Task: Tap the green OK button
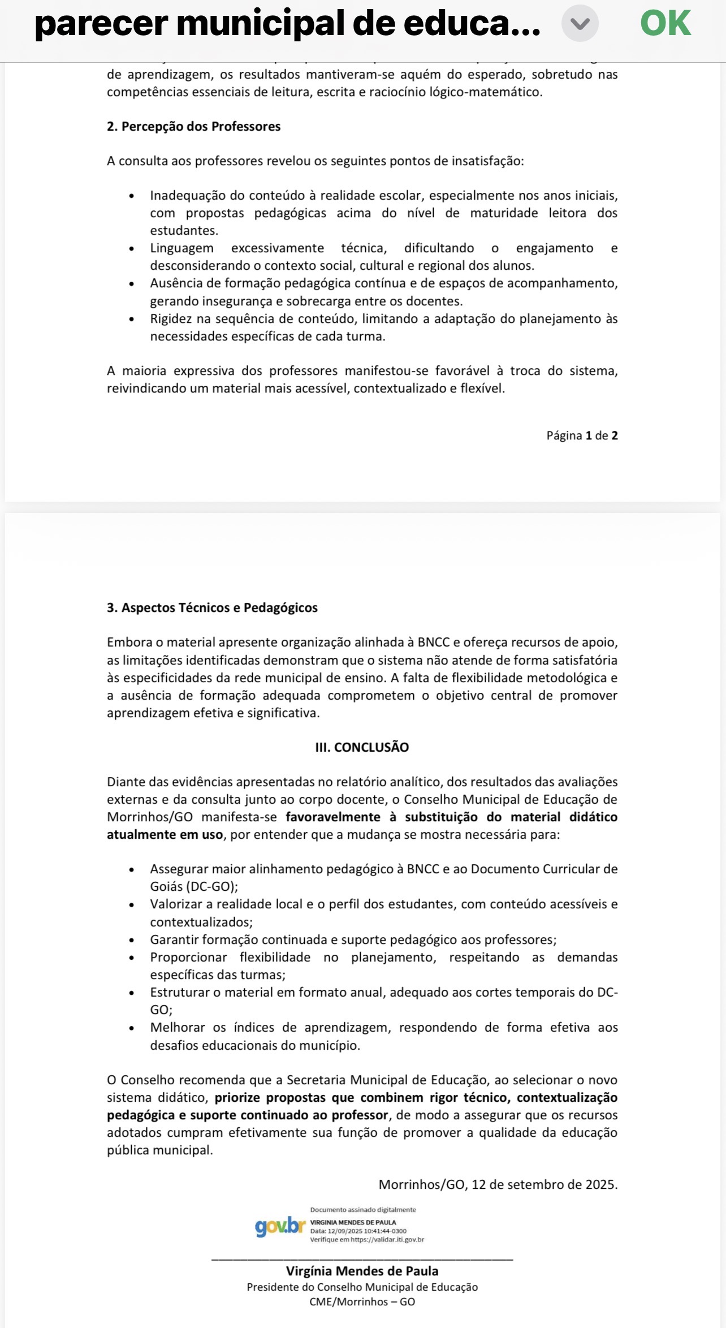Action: pos(665,24)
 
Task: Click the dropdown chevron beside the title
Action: pos(580,24)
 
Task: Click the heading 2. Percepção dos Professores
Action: pos(193,127)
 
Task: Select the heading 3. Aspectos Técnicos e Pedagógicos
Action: pos(212,608)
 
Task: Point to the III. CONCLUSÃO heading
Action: pos(362,747)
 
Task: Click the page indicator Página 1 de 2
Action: pos(582,436)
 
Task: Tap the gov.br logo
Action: pos(280,1226)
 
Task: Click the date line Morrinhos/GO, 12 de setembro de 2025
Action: pos(498,1184)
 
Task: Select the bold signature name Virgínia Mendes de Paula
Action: pos(362,1271)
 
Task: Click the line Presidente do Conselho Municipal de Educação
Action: pos(362,1287)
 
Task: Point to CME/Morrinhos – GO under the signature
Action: pos(362,1301)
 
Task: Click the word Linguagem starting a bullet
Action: pos(181,248)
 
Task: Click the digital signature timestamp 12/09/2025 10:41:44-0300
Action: pos(367,1231)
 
